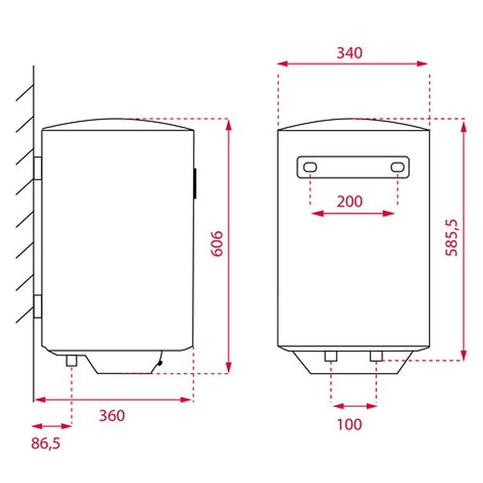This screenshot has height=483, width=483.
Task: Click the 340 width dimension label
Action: tap(349, 52)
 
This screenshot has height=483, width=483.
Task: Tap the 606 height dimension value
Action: tap(217, 244)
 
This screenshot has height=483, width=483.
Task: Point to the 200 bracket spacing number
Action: tap(349, 202)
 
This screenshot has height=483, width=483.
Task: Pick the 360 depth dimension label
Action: tap(112, 415)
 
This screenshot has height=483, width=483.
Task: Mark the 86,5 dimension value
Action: tap(45, 443)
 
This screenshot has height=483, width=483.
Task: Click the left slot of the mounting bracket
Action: tap(310, 168)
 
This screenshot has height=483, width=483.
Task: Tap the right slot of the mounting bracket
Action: tap(397, 168)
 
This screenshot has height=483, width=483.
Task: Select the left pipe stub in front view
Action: tap(331, 356)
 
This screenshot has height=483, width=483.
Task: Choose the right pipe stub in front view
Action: tap(376, 356)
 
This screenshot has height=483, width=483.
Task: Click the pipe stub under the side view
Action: tap(72, 361)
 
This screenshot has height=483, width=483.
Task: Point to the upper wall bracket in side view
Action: tap(38, 168)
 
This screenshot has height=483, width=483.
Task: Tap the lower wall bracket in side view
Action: tap(38, 306)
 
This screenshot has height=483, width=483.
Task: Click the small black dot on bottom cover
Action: tap(159, 363)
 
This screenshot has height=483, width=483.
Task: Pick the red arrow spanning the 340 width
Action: tap(353, 63)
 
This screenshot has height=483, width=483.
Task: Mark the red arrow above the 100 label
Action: tap(354, 405)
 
